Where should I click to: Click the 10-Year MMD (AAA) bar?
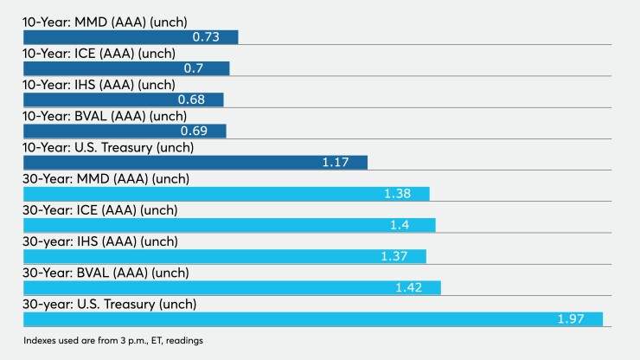click(x=130, y=37)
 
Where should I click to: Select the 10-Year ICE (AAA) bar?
click(x=125, y=68)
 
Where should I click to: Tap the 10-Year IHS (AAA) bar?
click(x=123, y=100)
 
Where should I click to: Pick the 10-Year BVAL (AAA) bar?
click(x=124, y=131)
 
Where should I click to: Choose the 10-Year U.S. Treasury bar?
click(x=195, y=163)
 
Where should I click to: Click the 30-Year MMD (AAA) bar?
click(x=226, y=194)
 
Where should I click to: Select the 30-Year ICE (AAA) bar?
click(x=228, y=225)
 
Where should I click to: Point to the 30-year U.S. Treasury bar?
click(x=312, y=319)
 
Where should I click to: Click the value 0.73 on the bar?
click(x=204, y=37)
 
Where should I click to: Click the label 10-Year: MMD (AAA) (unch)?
click(x=105, y=22)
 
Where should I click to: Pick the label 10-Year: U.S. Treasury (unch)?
click(x=108, y=147)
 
